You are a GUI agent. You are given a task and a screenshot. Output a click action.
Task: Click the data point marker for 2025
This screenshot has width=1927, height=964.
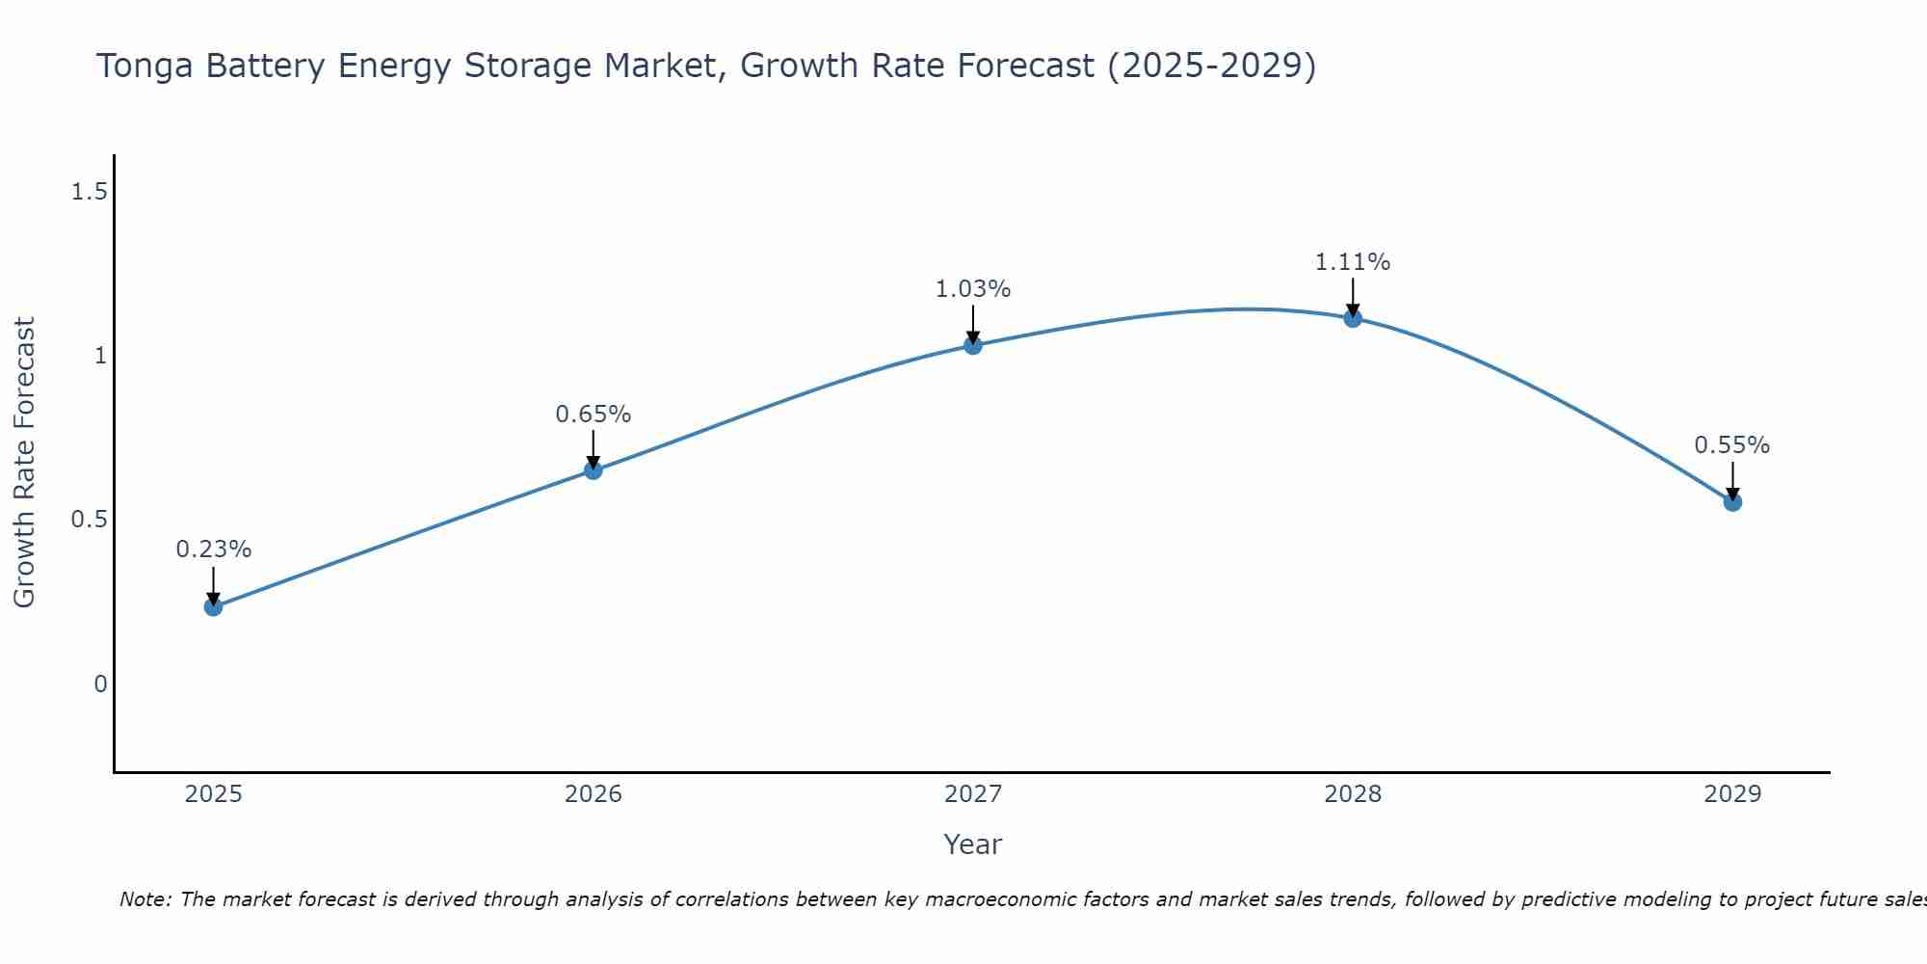coord(214,606)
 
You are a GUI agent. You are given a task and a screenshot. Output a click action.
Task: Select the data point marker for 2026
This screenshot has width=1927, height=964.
coord(594,470)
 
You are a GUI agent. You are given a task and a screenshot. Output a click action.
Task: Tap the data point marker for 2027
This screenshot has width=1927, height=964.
coord(973,345)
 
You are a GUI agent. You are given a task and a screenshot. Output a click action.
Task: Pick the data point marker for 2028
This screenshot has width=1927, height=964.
coord(1353,318)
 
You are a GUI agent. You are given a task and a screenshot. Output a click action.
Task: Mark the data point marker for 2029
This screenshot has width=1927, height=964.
coord(1732,502)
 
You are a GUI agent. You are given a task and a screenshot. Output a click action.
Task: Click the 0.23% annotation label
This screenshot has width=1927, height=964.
coord(214,549)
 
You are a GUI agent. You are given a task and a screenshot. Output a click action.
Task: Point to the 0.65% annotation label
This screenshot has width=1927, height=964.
coord(594,415)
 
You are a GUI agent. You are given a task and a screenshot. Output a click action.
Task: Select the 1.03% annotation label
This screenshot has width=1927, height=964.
coord(973,289)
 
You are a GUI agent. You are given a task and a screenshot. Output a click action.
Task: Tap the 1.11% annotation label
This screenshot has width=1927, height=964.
coord(1353,262)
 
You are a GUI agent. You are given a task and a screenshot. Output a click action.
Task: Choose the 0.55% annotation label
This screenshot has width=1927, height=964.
coord(1732,445)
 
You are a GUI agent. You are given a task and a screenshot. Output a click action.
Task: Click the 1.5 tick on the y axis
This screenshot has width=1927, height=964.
coord(89,193)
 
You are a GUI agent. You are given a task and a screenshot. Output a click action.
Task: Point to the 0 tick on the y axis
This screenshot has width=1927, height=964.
coord(100,684)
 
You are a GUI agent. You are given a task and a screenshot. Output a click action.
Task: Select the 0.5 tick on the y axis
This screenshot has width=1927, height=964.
coord(89,521)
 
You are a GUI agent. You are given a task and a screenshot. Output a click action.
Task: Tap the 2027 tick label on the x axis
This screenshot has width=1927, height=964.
coord(973,794)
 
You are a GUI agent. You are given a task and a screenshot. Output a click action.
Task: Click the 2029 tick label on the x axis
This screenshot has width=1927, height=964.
coord(1732,794)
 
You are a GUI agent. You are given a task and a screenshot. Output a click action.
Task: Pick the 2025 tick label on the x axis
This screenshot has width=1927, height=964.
coord(214,794)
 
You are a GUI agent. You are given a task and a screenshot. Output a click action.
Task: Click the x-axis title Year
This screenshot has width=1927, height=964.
coord(973,844)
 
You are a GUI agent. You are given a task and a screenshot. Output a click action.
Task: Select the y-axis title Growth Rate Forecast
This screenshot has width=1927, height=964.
coord(25,463)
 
